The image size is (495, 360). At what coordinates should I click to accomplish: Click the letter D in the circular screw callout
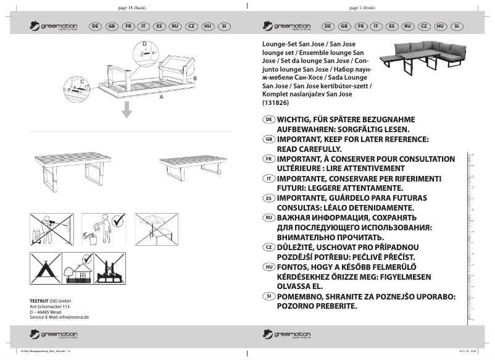point(144,44)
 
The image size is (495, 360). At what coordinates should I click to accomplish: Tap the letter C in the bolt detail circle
point(81,81)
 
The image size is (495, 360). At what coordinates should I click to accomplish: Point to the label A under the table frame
point(162,98)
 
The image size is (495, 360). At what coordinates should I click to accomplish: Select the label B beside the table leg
point(195,78)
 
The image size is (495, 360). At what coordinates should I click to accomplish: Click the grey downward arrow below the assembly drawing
point(126,110)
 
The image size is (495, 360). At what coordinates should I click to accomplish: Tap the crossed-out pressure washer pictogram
point(51,230)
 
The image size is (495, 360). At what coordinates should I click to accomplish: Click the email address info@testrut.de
point(74,317)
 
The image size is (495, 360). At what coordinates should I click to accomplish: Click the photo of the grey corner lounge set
point(422,58)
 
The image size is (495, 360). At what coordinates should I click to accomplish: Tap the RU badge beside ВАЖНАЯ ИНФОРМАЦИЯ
point(268,218)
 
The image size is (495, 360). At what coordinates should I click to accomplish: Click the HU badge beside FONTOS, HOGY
point(268,267)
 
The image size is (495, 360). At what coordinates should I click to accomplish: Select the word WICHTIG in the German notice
point(297,119)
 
